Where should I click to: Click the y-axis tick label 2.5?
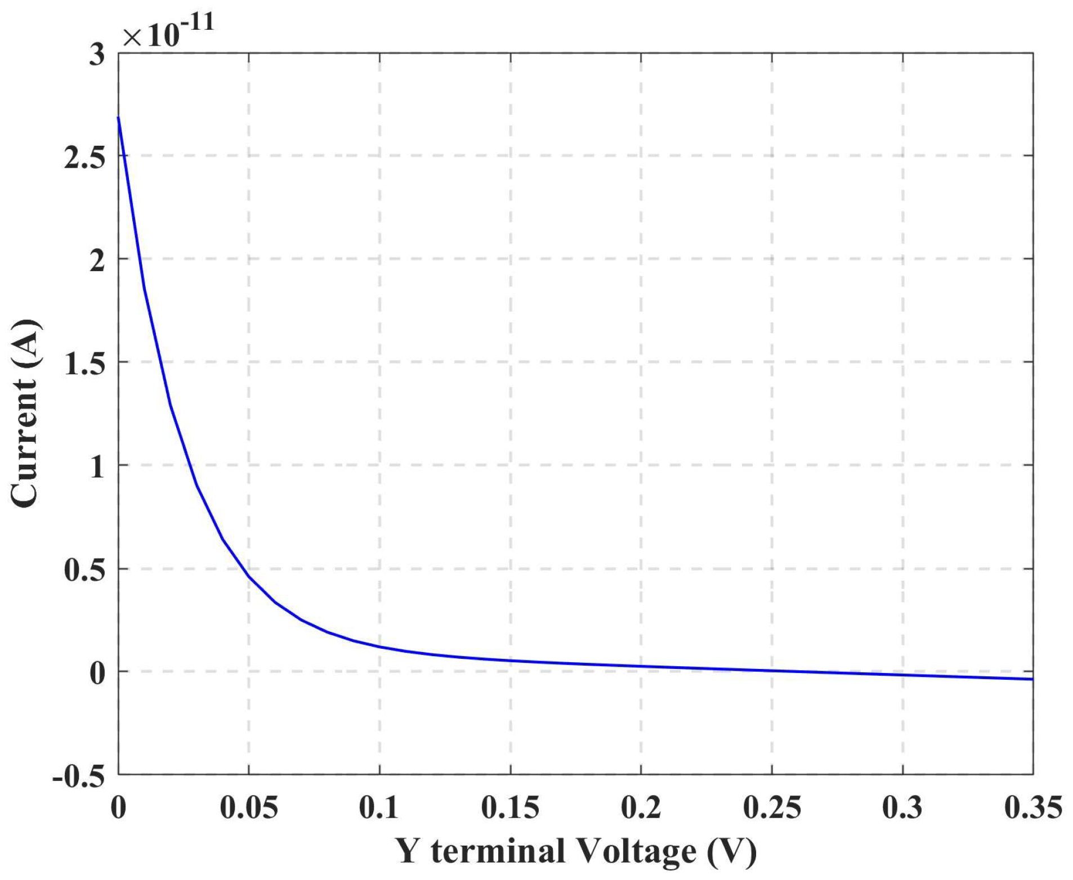click(x=84, y=158)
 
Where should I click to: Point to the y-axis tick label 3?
click(x=97, y=56)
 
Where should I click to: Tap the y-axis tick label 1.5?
click(x=84, y=364)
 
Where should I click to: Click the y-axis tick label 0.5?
click(x=84, y=571)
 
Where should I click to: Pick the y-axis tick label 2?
click(x=97, y=261)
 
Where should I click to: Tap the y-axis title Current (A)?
click(x=25, y=414)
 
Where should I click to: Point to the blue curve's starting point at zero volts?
click(x=118, y=117)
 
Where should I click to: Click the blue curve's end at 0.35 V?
click(x=1032, y=679)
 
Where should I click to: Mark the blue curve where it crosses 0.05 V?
click(x=249, y=577)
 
